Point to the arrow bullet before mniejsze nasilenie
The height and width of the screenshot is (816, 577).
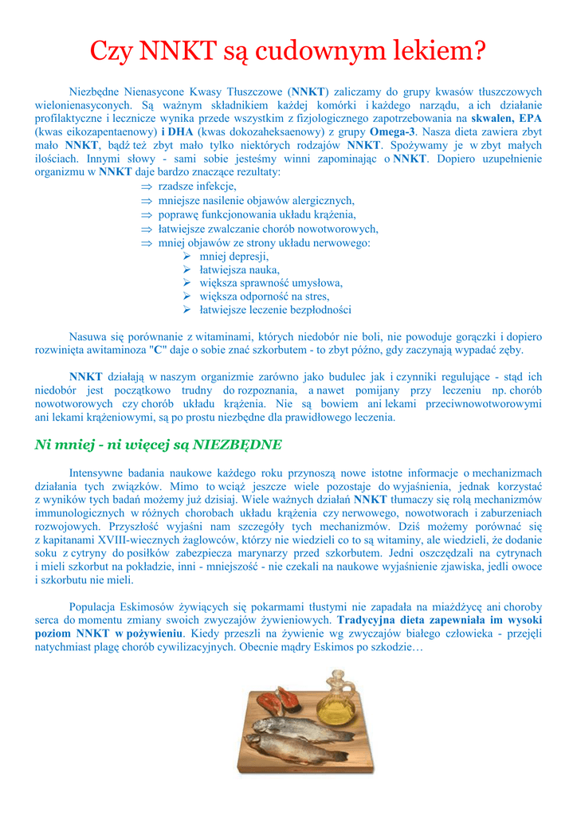[x=146, y=201]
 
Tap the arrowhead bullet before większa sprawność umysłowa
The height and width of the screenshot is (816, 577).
[x=186, y=283]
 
